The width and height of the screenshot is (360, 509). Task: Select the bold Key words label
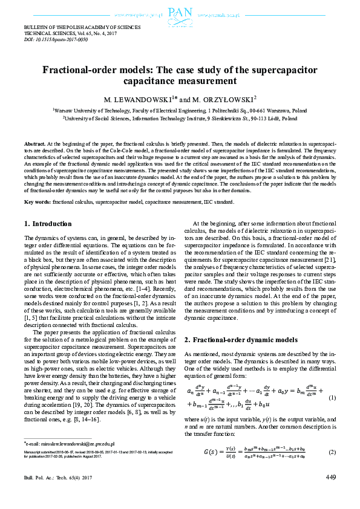[38, 201]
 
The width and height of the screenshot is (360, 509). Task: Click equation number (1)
[332, 397]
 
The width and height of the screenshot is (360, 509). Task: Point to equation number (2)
[332, 453]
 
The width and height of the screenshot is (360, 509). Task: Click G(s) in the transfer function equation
[214, 453]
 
